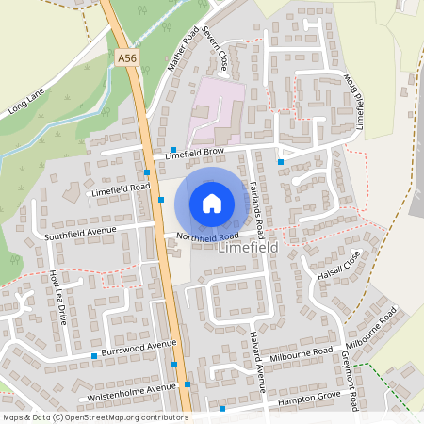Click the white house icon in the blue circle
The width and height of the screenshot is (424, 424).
point(212,203)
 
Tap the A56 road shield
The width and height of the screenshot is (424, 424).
point(127,58)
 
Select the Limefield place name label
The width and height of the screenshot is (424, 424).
point(250,252)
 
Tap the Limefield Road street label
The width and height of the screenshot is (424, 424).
point(121,188)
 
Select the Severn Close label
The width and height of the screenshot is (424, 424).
point(221,58)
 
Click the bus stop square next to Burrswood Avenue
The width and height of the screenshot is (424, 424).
point(95,355)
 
